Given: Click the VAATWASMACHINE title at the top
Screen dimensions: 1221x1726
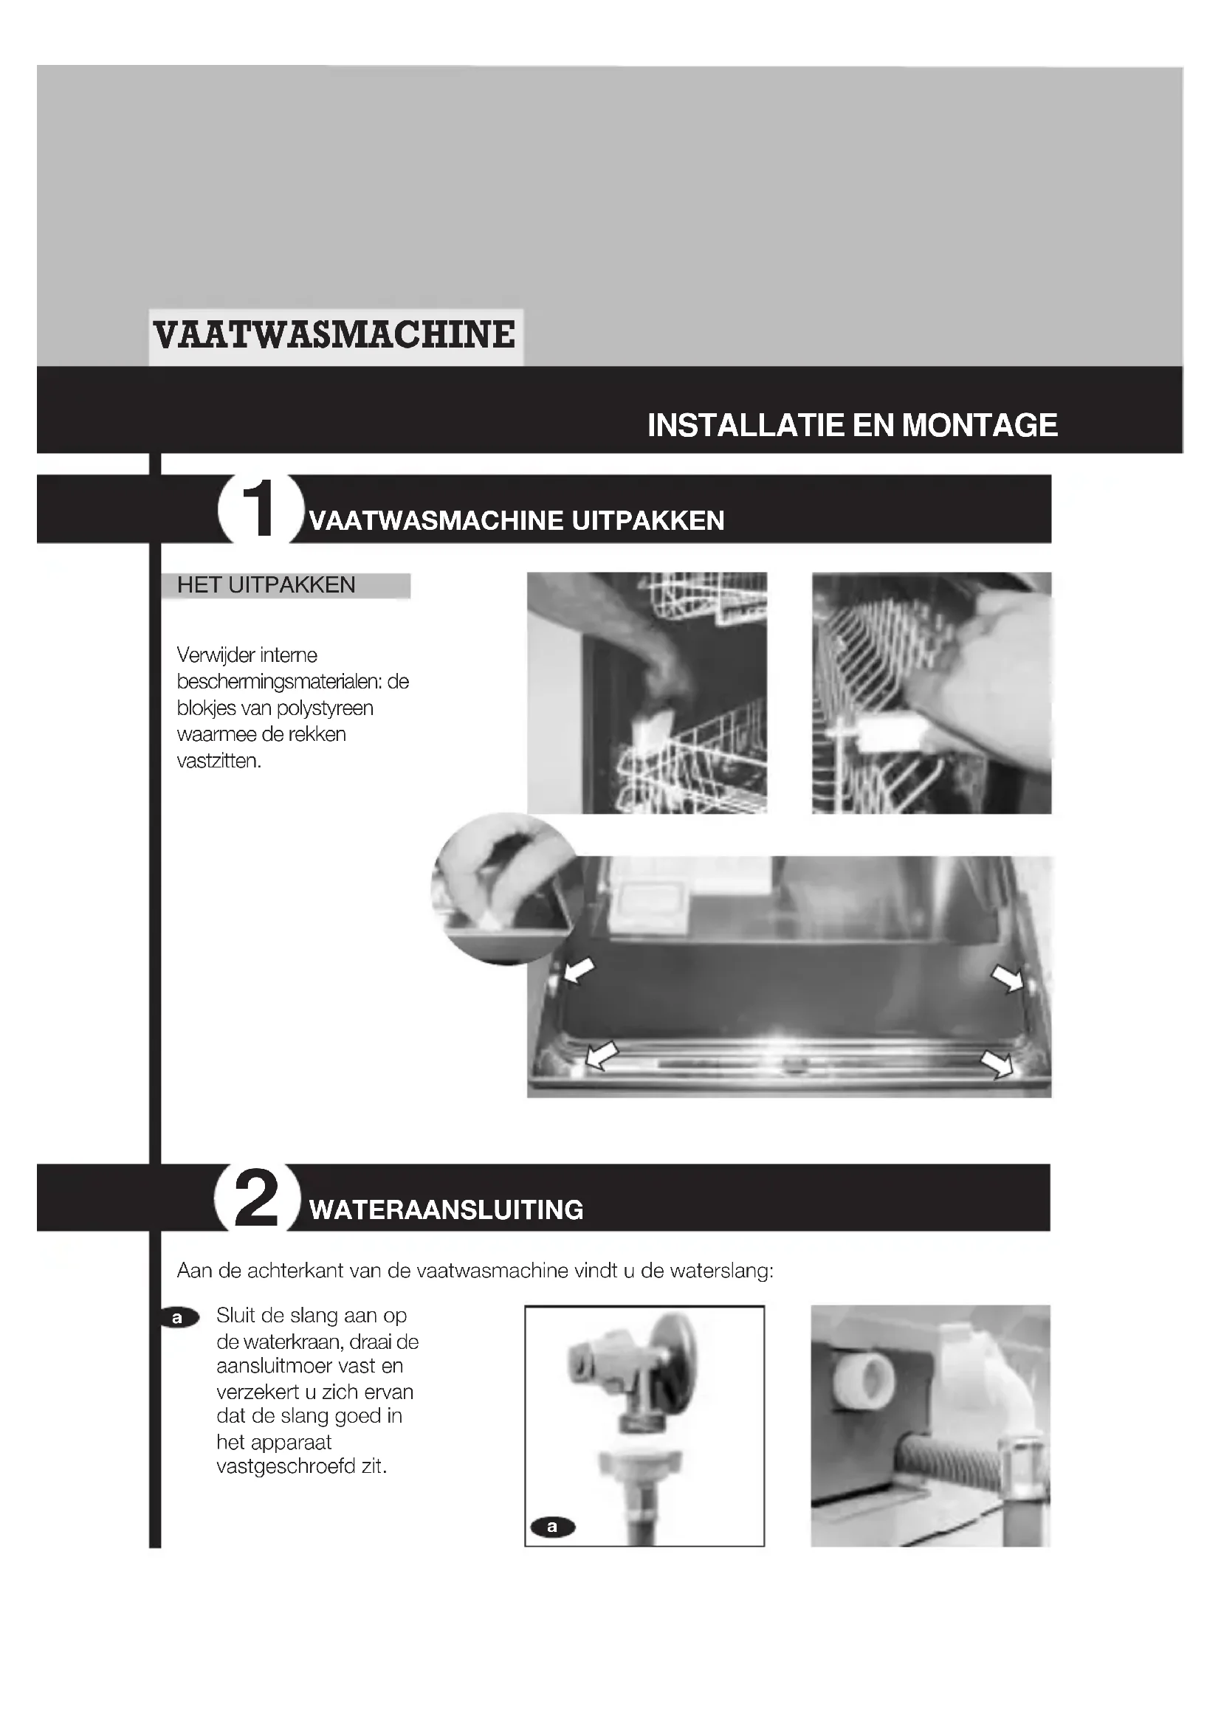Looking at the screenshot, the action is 334,335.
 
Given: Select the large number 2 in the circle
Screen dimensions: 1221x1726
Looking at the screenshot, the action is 256,1198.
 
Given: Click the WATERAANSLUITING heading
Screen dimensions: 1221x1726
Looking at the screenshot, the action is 447,1210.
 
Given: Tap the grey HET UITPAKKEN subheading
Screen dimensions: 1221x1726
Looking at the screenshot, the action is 266,585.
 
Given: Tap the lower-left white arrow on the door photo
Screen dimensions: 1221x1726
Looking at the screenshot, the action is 602,1054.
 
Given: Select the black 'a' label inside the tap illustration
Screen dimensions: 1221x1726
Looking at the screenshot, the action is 553,1527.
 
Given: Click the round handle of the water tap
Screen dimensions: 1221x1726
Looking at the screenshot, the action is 676,1361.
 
